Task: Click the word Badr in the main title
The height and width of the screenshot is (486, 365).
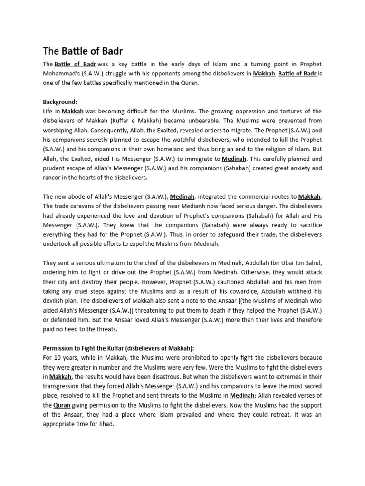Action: pyautogui.click(x=113, y=51)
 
